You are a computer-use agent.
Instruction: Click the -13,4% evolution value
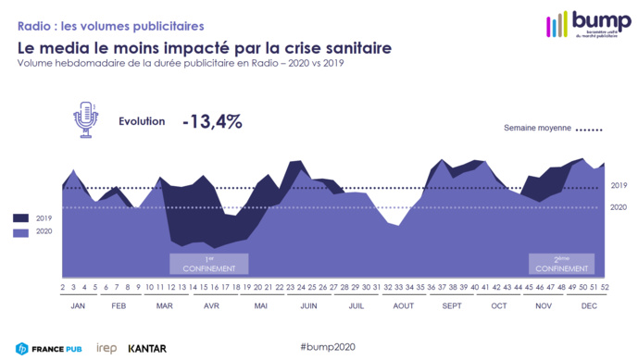coord(212,121)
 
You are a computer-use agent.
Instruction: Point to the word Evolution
coord(142,121)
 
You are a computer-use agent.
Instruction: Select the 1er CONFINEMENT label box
coord(208,263)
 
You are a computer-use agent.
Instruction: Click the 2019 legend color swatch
coord(21,217)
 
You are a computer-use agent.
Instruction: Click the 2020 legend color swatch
coord(21,232)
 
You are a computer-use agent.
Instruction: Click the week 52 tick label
coord(604,288)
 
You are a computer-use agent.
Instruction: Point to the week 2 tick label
coord(63,288)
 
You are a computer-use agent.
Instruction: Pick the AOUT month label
coord(403,304)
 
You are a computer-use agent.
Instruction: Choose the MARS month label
coord(165,304)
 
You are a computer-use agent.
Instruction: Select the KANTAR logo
coord(147,348)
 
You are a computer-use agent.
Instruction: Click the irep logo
coord(106,348)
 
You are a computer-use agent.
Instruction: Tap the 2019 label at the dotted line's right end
coord(619,186)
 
